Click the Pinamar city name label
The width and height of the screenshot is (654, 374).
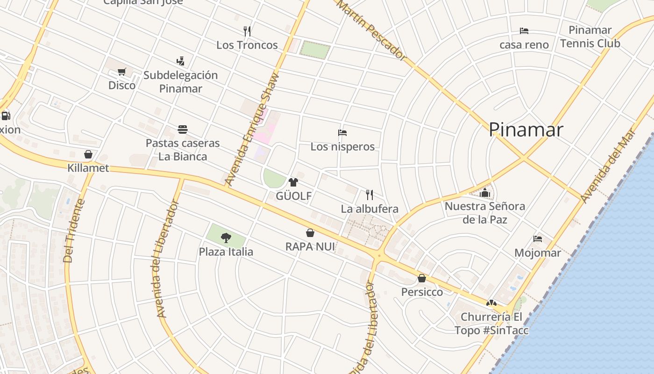(x=526, y=129)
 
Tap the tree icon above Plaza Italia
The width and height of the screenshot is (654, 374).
(x=226, y=238)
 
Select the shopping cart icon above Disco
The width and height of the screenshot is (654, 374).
(x=122, y=72)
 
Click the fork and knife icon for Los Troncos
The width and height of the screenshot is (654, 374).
(x=247, y=31)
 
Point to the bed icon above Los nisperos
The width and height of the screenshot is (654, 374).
(x=342, y=133)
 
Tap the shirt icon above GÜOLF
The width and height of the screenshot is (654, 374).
(x=293, y=182)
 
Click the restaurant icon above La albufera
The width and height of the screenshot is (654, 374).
(x=370, y=194)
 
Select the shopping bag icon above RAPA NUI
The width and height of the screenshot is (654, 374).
(x=310, y=233)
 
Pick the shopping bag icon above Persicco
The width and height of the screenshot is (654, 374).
(x=422, y=278)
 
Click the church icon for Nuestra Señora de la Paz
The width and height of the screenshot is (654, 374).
(x=485, y=192)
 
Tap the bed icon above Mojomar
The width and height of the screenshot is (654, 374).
(x=538, y=239)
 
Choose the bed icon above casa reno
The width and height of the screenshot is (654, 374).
(x=524, y=31)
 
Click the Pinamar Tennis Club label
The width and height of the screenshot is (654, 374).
(x=590, y=36)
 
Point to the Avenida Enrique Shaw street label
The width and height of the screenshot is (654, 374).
(x=252, y=129)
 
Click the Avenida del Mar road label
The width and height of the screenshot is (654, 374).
(x=608, y=165)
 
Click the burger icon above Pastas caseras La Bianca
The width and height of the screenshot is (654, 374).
(x=183, y=129)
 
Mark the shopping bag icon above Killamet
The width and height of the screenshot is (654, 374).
(x=88, y=154)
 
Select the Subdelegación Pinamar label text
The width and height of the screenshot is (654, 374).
(x=181, y=82)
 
